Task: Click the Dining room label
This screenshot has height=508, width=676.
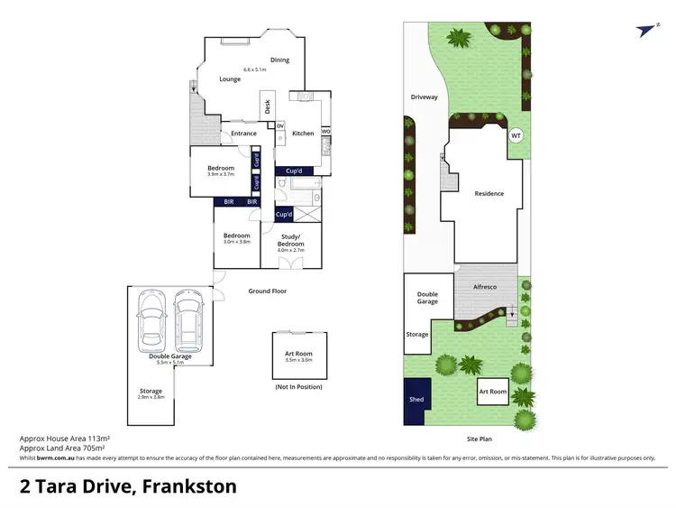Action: [279, 60]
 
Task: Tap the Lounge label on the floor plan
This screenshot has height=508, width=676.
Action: [230, 79]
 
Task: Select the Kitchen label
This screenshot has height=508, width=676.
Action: [303, 134]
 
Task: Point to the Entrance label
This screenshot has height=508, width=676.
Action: [243, 134]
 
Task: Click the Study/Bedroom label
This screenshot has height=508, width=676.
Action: [290, 241]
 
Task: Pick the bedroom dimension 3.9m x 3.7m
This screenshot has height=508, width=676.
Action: [221, 174]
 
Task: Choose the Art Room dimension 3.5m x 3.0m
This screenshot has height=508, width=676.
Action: [299, 359]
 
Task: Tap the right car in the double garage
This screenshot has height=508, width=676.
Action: [189, 320]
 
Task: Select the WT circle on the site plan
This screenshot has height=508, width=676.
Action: [516, 136]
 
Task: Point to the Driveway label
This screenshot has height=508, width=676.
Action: [424, 97]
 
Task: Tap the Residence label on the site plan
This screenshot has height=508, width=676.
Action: [489, 193]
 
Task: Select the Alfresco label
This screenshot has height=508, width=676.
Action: [486, 286]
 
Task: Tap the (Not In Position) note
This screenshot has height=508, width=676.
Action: [299, 386]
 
